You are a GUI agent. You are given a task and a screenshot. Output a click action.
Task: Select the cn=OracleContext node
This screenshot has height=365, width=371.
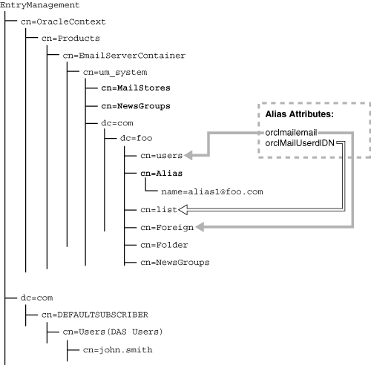[x=63, y=22]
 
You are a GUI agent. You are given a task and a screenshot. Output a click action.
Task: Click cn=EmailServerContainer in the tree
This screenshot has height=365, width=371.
[x=124, y=55]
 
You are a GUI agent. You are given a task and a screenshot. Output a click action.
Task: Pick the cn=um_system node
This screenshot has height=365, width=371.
[x=115, y=72]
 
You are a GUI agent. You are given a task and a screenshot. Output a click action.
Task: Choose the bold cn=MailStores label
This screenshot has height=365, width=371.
[x=131, y=89]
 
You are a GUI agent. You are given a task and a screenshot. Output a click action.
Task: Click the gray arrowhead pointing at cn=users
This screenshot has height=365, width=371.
[x=189, y=156]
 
